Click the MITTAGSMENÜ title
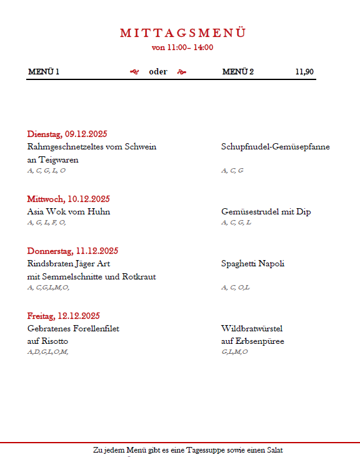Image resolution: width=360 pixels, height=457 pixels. point(182,33)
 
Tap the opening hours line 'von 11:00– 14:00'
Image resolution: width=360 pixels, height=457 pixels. point(182,47)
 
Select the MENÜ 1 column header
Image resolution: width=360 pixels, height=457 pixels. point(44,71)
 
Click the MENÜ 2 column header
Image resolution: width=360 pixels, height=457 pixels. point(238,71)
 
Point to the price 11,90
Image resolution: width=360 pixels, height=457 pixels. point(304,71)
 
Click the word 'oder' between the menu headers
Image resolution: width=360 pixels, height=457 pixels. point(158,71)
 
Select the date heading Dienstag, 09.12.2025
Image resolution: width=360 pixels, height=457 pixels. point(67,134)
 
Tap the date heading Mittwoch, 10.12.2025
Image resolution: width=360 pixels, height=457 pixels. point(68,199)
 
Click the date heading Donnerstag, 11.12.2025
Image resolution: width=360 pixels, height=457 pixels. point(72,251)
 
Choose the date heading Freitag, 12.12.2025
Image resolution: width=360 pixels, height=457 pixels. point(63,316)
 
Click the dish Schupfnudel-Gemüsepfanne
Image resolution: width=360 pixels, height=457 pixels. point(276,147)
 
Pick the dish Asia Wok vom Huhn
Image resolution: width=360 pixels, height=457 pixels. point(69,212)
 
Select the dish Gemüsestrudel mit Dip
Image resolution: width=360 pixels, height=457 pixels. point(266,212)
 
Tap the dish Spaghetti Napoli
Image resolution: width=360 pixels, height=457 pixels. point(252,264)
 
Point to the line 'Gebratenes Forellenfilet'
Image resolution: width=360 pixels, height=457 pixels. point(73,328)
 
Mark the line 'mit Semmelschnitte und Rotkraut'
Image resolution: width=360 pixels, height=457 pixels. point(91,276)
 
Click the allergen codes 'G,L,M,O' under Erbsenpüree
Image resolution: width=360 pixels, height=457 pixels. point(234,352)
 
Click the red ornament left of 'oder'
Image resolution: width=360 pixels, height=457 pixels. point(134,71)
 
